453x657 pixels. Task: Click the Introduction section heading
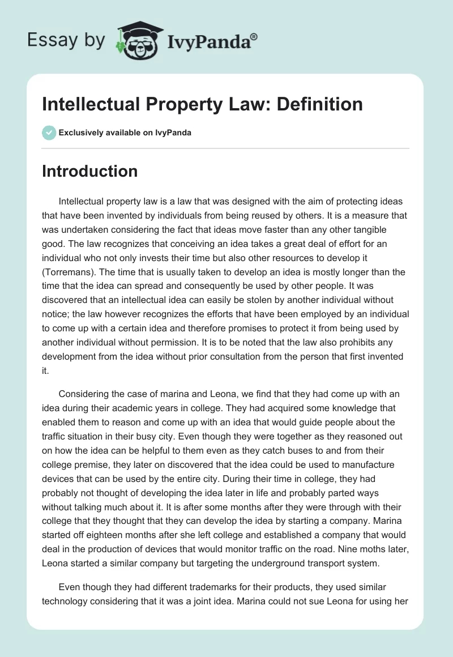(89, 171)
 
